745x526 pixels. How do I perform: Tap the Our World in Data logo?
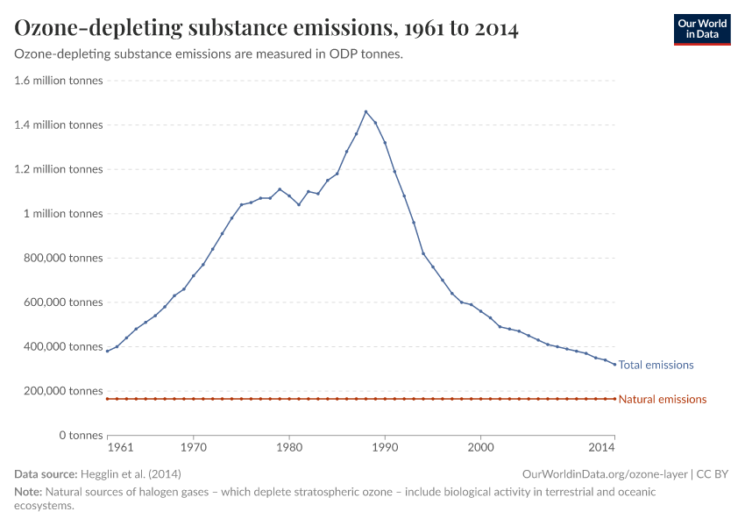pos(701,29)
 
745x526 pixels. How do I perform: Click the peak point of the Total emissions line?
pos(365,111)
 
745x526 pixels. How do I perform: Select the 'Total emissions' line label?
pos(656,365)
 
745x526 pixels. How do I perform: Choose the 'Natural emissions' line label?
pos(662,399)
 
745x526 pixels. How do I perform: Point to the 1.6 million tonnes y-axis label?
pos(58,81)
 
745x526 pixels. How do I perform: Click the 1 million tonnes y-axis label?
pos(63,214)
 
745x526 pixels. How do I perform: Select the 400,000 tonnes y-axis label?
pos(60,346)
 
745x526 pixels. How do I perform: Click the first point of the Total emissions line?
pos(107,351)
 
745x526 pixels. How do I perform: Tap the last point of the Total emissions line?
pos(614,364)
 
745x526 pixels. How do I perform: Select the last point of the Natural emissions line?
pos(614,399)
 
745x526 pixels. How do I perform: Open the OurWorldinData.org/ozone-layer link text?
pos(604,473)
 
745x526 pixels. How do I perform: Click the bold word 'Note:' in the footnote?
pos(29,493)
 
